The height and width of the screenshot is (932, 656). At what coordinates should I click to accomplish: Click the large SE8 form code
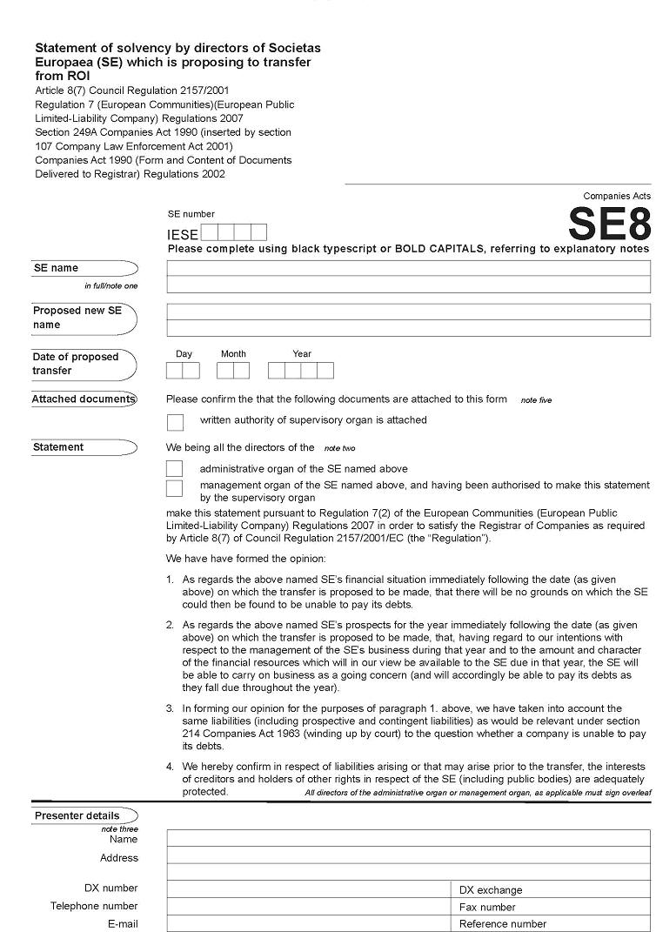609,225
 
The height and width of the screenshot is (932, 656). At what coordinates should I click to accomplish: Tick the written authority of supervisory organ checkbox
175,422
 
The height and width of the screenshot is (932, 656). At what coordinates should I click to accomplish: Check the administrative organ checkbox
175,468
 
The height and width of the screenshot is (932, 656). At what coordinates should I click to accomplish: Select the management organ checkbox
175,487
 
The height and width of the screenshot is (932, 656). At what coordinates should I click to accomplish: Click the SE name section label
56,268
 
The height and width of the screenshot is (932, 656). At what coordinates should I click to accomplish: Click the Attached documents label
84,399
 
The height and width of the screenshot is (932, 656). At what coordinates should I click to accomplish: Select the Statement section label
58,447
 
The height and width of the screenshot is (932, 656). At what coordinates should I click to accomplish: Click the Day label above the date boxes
184,354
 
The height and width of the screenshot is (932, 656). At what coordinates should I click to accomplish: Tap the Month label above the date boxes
233,354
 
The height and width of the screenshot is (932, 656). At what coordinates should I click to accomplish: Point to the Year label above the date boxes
302,354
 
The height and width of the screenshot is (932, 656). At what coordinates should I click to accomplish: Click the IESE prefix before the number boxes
183,234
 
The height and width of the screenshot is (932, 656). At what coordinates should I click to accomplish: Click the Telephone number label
94,906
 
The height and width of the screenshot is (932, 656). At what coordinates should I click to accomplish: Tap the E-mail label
123,923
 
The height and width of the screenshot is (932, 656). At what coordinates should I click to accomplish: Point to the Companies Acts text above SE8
617,197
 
